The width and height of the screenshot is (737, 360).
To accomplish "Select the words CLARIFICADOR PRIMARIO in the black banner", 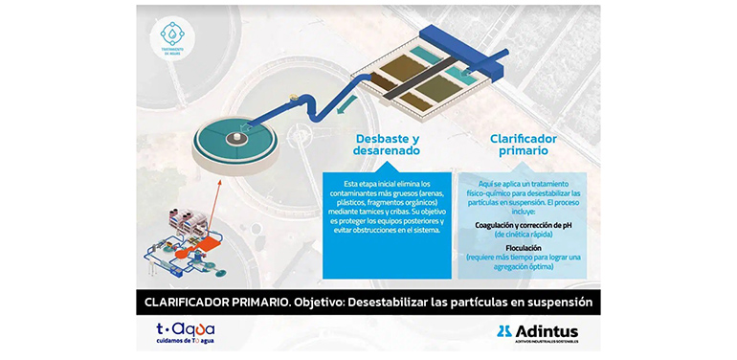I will coord(205,302).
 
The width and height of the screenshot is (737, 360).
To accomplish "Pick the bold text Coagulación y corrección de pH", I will coord(523,225).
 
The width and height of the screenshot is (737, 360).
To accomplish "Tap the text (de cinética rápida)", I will coord(524,235).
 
